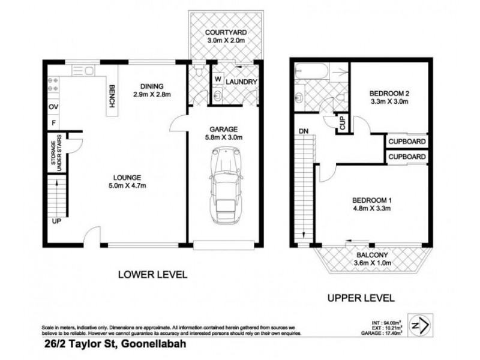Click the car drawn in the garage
coord(223,184)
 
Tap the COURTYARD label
coord(226,32)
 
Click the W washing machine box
coord(217,79)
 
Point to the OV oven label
coord(53,107)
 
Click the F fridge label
coord(53,123)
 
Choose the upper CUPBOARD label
coord(407,142)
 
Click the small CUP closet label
coord(343,124)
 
